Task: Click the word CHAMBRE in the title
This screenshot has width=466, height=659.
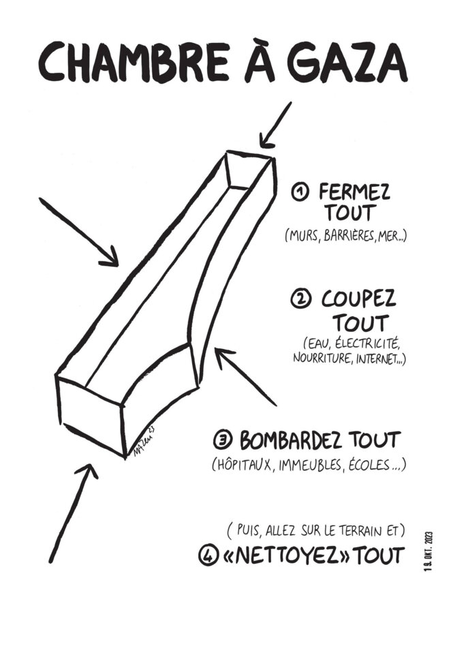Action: click(x=134, y=63)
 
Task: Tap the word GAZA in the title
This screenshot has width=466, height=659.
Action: click(x=347, y=64)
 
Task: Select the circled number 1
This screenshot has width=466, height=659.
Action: click(x=300, y=193)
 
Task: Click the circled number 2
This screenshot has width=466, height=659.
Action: click(x=300, y=300)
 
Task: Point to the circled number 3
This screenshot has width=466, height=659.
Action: click(x=223, y=440)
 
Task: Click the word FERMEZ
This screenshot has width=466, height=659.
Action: click(x=354, y=192)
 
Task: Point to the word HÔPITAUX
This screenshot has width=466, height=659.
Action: click(x=244, y=465)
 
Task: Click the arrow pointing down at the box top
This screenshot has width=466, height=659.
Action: click(x=275, y=125)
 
